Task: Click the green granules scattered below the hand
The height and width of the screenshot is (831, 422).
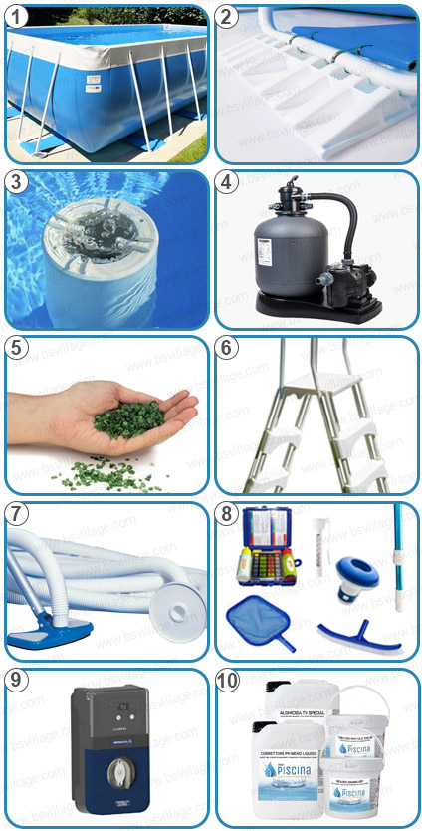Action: (109, 475)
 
